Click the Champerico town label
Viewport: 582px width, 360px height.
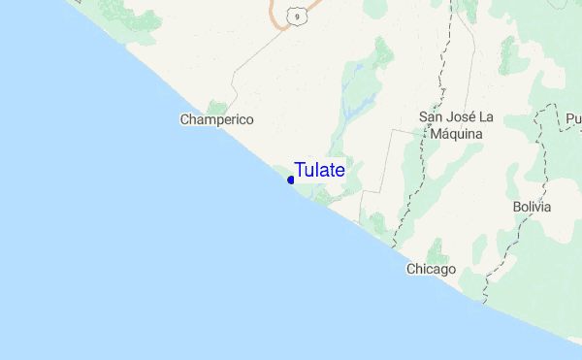point(216,119)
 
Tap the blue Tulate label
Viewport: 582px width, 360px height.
point(319,170)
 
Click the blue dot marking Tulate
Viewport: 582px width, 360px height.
point(291,180)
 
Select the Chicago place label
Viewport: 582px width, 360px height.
point(431,269)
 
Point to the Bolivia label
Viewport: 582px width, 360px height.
point(532,207)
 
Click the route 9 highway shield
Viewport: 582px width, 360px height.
point(295,15)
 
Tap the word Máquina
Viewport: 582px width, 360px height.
point(457,133)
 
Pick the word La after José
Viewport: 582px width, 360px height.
point(487,117)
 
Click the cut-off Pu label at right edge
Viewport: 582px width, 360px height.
point(573,118)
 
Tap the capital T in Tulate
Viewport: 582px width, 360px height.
point(301,170)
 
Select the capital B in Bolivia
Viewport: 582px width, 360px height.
point(517,207)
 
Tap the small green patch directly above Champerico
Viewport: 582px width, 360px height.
point(217,105)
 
